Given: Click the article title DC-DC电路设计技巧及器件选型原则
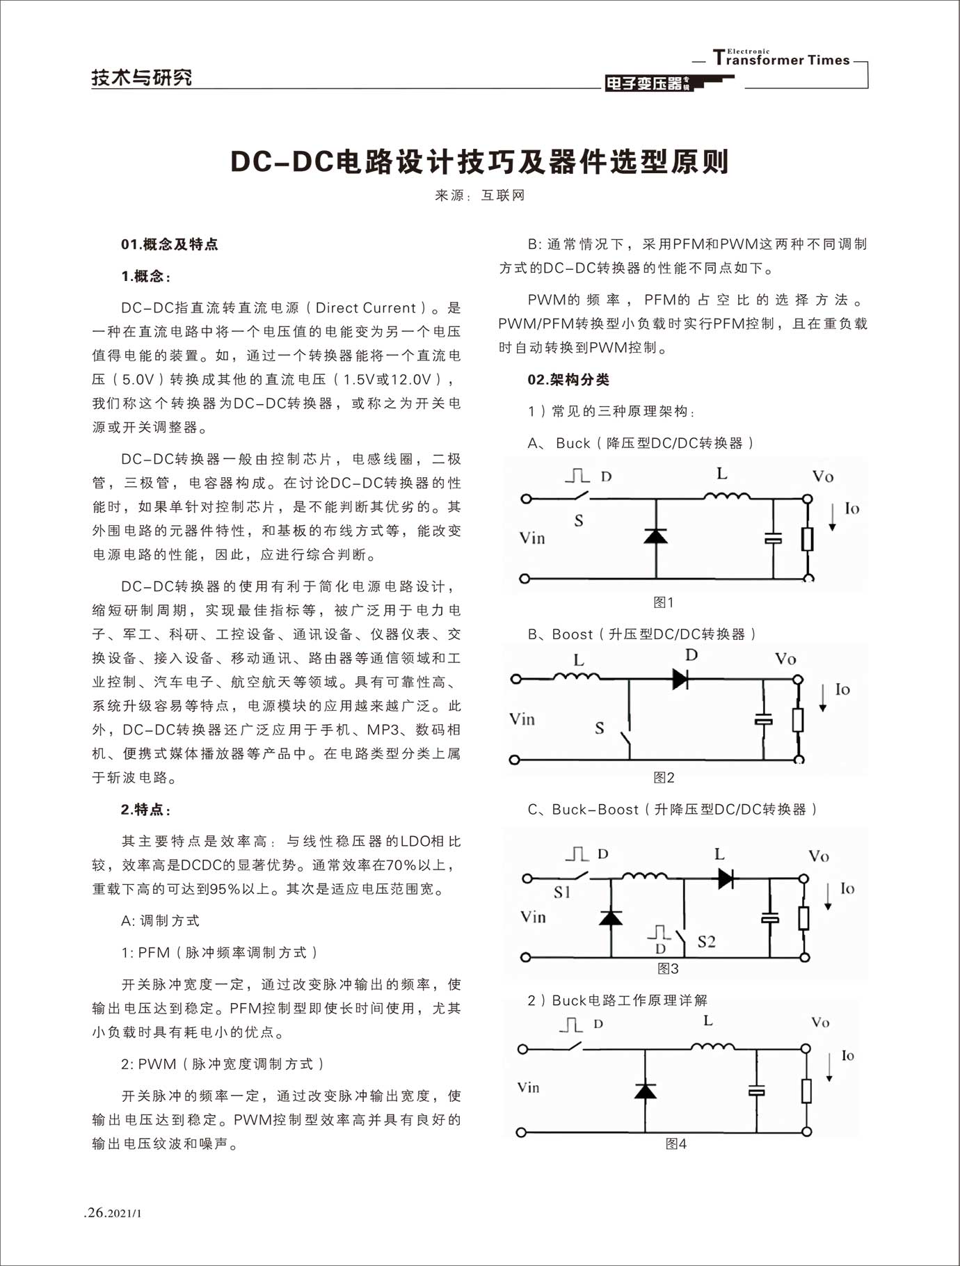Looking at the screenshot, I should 479,162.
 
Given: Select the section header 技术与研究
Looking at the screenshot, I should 142,77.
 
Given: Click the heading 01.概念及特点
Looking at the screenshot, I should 169,244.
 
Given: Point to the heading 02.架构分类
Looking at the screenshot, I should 568,379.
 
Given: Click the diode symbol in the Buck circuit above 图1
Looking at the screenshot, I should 655,536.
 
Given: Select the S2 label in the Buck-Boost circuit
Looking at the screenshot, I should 706,942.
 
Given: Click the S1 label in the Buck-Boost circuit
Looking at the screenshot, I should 562,892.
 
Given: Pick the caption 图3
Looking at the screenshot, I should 668,968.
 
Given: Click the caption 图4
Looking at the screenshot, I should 675,1144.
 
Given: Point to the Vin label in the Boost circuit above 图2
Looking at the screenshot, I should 522,719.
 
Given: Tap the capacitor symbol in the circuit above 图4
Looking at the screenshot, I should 756,1091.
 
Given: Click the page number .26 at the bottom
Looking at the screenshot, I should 95,1213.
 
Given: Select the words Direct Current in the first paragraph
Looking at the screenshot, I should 366,308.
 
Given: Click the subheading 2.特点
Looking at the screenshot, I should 145,809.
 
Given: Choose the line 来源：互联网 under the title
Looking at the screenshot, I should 479,195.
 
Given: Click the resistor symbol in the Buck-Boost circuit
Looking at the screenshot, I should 803,918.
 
